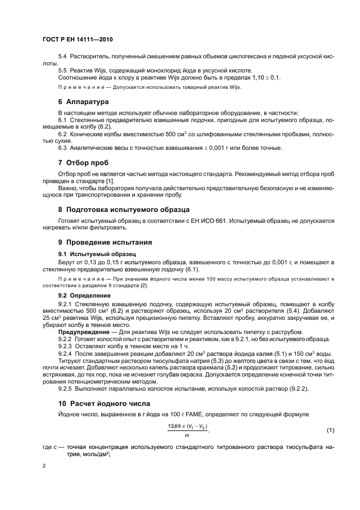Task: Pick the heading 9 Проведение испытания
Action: coord(105,242)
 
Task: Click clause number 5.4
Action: coord(62,57)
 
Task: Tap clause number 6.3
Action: coord(62,148)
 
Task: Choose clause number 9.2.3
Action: coord(65,346)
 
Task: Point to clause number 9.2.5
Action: coord(65,389)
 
